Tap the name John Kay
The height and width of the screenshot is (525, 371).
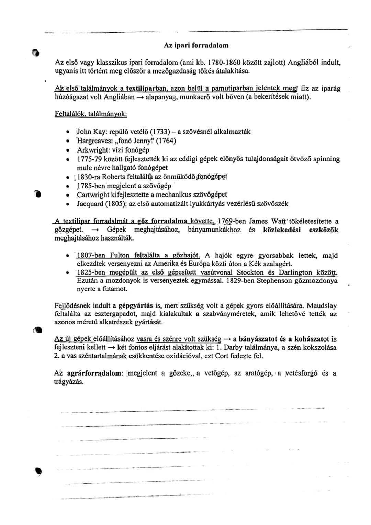click(x=89, y=132)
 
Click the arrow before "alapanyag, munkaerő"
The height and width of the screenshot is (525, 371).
click(x=140, y=97)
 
